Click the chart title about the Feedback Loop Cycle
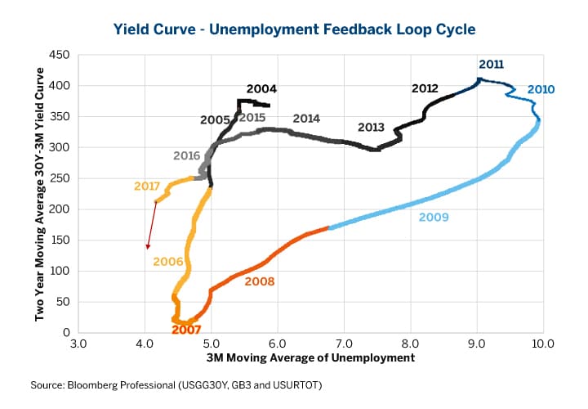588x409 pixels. [293, 29]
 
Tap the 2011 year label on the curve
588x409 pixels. [491, 64]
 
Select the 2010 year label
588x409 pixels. [541, 89]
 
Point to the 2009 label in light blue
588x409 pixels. [433, 218]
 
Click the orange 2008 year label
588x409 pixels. [259, 281]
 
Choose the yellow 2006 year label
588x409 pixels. [167, 261]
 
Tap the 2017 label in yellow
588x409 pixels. [147, 187]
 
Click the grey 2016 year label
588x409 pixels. [187, 155]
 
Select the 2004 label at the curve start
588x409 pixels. [261, 88]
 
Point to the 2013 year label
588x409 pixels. [371, 128]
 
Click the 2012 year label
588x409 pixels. [425, 88]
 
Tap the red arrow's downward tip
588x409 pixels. [148, 249]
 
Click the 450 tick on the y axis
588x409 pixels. [61, 55]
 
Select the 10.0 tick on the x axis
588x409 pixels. [542, 344]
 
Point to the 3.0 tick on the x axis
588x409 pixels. [78, 344]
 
